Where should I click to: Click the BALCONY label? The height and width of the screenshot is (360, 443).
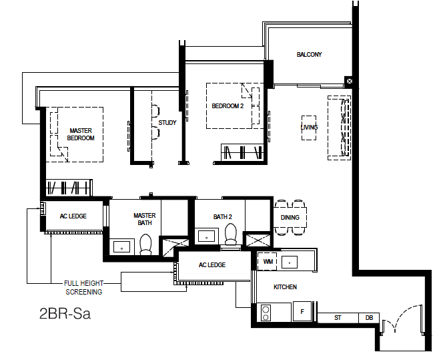click(309, 55)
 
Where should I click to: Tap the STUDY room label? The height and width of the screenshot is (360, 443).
click(167, 123)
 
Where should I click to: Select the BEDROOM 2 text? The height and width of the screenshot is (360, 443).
click(228, 106)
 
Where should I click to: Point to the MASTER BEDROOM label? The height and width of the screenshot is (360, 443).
click(81, 134)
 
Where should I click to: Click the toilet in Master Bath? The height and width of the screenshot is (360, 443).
click(146, 244)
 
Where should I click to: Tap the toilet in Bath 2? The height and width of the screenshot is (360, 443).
click(231, 234)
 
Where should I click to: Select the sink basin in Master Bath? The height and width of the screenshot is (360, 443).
click(122, 247)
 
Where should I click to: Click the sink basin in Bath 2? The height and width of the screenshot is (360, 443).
click(206, 236)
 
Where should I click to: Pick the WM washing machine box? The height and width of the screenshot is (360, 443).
click(268, 261)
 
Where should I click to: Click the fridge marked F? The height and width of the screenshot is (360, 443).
click(302, 311)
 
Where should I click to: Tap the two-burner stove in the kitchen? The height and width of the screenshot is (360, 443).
click(266, 313)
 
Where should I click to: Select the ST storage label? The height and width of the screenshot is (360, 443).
click(338, 318)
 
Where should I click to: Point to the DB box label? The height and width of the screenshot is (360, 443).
click(369, 318)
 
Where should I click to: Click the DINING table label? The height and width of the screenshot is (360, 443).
click(290, 218)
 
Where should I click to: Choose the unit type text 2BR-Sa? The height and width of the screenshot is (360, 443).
click(65, 313)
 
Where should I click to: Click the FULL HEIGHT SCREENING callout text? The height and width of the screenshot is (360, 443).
click(83, 288)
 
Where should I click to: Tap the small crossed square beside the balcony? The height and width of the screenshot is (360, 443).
click(349, 81)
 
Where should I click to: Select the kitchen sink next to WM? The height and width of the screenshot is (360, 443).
click(290, 262)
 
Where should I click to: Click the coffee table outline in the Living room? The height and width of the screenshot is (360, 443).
click(308, 128)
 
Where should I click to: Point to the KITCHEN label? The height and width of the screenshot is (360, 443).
click(285, 287)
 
